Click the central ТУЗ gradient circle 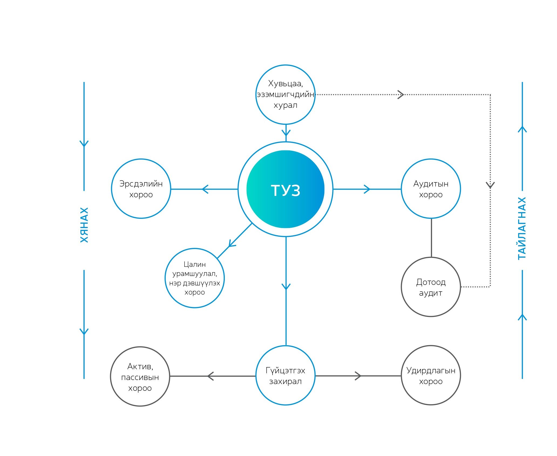pos(286,189)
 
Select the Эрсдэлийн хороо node pos(141,189)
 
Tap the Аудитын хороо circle pos(431,189)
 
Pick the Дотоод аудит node pos(431,287)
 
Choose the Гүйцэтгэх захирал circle pos(286,375)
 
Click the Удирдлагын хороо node pos(431,375)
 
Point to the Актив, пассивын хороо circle pos(140,376)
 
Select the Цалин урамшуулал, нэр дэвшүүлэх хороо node pos(195,278)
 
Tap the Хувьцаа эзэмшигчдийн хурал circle pos(286,95)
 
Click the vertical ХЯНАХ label pos(84,225)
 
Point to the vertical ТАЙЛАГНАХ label pos(522,228)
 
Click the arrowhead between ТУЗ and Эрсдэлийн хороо pos(205,189)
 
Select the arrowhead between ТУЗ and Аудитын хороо pos(367,189)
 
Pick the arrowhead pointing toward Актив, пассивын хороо pos(210,376)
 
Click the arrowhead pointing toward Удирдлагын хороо pos(358,376)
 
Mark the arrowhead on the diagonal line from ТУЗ pos(232,244)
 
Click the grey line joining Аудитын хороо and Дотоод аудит pos(431,238)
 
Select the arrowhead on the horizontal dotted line pos(401,95)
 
